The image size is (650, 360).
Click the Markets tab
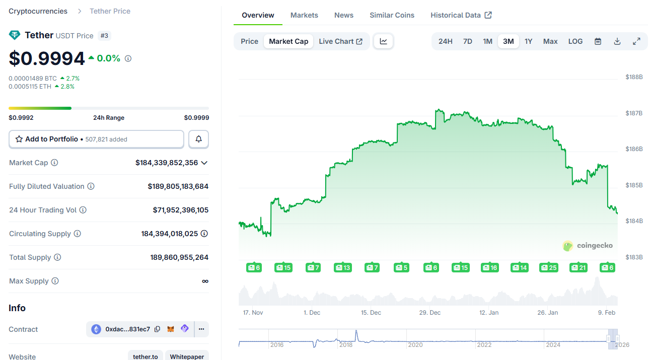(304, 15)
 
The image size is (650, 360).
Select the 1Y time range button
(528, 41)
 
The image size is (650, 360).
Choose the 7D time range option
(467, 41)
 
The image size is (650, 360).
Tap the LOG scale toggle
(575, 41)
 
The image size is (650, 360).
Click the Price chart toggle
(249, 41)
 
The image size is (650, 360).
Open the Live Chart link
(340, 41)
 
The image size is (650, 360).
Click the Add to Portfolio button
(96, 139)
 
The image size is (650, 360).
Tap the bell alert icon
(198, 139)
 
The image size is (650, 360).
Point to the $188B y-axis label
(634, 77)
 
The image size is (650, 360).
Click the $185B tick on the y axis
(634, 185)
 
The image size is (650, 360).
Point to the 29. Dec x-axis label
(430, 313)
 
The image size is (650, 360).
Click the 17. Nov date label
(253, 313)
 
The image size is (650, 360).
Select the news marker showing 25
(548, 267)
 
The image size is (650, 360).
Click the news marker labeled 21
(578, 267)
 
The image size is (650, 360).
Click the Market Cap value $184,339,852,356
(167, 163)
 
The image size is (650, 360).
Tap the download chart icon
(617, 41)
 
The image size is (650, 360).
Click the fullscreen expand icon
(636, 41)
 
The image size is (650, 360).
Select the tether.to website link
(145, 356)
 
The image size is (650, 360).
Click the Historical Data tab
(461, 15)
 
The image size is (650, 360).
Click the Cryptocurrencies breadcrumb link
(38, 11)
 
